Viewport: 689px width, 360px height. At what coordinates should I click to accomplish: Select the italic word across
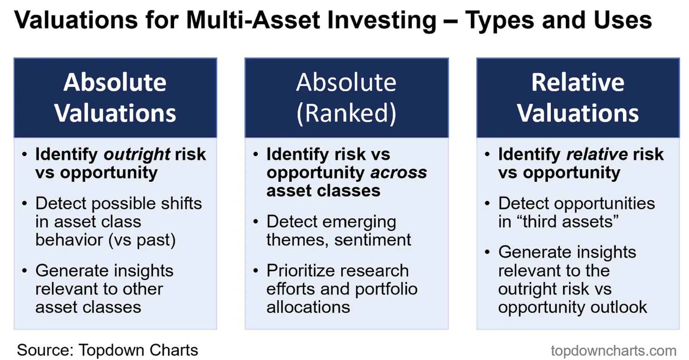pyautogui.click(x=398, y=173)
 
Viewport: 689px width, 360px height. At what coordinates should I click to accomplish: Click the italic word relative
pyautogui.click(x=597, y=154)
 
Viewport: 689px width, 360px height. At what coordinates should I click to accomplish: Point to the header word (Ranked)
pyautogui.click(x=346, y=113)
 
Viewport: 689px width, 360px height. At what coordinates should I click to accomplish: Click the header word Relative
pyautogui.click(x=578, y=82)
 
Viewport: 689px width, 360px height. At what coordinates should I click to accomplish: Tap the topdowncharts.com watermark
pyautogui.click(x=613, y=351)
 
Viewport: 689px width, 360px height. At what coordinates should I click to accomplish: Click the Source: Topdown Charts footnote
pyautogui.click(x=107, y=350)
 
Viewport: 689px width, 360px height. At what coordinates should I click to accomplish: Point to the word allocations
pyautogui.click(x=308, y=307)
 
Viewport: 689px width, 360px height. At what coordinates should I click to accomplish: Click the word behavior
pyautogui.click(x=69, y=240)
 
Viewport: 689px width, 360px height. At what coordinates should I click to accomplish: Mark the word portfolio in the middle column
pyautogui.click(x=386, y=289)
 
